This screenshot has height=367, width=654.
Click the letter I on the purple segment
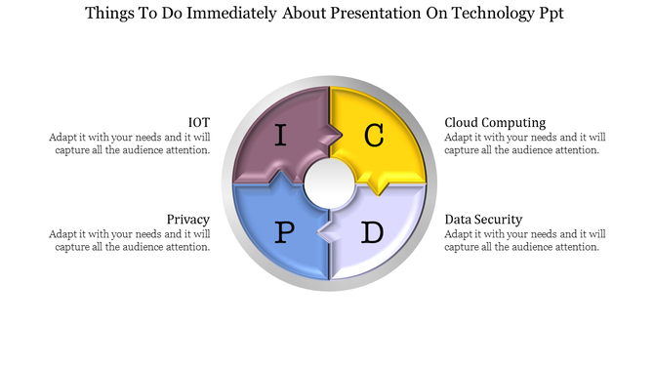click(281, 136)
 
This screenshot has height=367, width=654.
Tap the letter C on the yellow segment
click(374, 137)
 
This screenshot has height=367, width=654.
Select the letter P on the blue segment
click(285, 232)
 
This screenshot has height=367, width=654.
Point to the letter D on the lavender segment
click(372, 232)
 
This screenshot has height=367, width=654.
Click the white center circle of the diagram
click(329, 182)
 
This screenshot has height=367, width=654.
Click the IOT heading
click(199, 122)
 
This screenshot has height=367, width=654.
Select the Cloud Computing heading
click(495, 122)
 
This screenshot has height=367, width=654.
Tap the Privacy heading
click(187, 220)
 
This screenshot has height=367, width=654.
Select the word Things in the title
click(111, 15)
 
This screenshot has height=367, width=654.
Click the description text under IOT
click(130, 143)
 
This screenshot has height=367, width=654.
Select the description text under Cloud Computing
click(525, 143)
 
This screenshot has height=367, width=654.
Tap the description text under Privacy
click(130, 240)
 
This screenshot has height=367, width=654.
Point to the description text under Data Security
click(525, 240)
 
